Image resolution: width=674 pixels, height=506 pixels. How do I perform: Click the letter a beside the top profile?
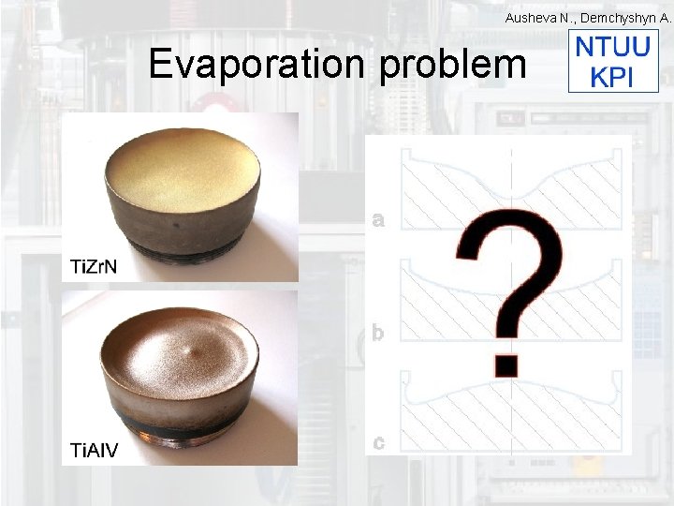coord(377,221)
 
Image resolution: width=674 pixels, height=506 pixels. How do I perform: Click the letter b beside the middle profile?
coord(377,332)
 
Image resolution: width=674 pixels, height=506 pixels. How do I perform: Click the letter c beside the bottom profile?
coord(377,442)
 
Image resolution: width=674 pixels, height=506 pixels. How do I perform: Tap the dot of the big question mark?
coord(506,363)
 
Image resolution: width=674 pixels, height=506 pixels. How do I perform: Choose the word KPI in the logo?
coord(612,77)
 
